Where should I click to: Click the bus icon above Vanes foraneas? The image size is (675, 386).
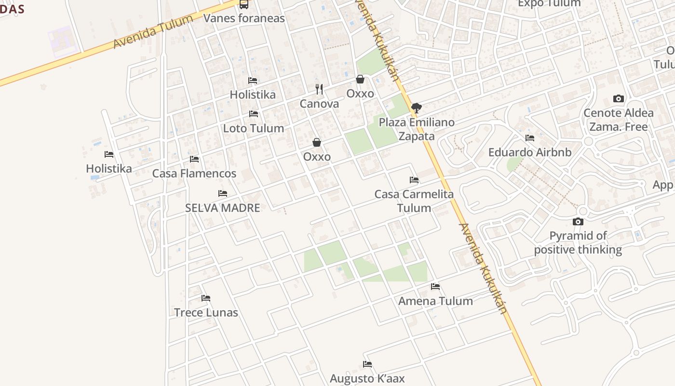point(244,4)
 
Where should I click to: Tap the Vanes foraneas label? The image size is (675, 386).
point(244,18)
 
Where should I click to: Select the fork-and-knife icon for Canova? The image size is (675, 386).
point(319,89)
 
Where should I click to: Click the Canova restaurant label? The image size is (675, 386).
point(319,104)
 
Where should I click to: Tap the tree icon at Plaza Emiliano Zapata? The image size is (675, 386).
point(417,108)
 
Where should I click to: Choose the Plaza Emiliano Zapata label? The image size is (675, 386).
point(417,129)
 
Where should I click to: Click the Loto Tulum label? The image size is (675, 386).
point(253,128)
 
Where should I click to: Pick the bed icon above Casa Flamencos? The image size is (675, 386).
point(194,159)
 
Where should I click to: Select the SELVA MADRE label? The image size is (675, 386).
point(222,208)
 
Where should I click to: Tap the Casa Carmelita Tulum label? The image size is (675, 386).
point(414,201)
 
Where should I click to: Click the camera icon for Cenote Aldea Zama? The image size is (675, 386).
point(618,98)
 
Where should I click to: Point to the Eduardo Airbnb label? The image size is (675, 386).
point(529,152)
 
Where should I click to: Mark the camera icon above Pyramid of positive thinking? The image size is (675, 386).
point(578,221)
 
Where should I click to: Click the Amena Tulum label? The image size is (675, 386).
point(435,301)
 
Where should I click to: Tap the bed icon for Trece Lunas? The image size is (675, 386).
point(206,298)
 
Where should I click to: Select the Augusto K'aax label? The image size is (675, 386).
point(367,378)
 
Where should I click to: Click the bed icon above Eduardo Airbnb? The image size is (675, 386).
point(529,138)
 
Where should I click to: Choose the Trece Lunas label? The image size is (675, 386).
point(206,312)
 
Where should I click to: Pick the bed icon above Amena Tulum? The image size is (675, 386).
point(435,287)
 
